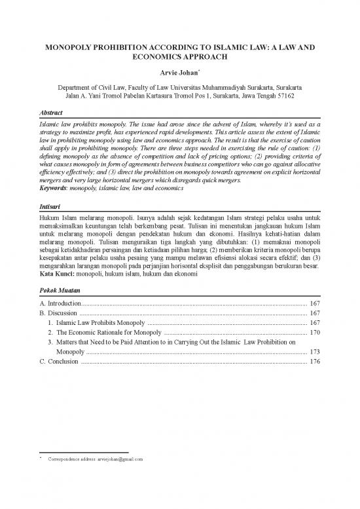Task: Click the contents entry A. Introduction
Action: click(60, 304)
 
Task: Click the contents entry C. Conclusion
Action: click(59, 362)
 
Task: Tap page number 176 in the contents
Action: click(314, 362)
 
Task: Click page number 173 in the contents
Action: click(314, 352)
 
